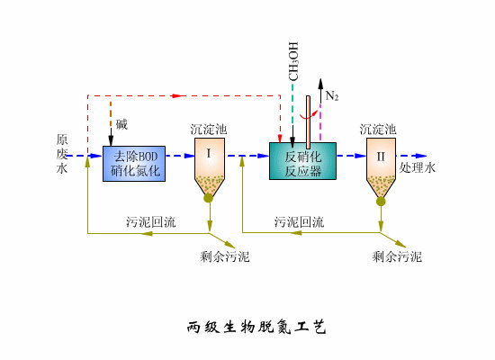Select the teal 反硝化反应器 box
(302, 161)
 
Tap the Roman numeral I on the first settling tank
(209, 154)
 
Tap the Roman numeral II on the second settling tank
(381, 156)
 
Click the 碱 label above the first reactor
(121, 123)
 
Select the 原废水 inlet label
(61, 154)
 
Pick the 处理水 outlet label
(418, 168)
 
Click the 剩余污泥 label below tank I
(225, 257)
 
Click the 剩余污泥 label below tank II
(397, 257)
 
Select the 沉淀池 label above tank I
(209, 130)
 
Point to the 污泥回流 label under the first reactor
(150, 221)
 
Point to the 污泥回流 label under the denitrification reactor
(300, 221)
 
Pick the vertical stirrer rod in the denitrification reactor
(308, 121)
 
